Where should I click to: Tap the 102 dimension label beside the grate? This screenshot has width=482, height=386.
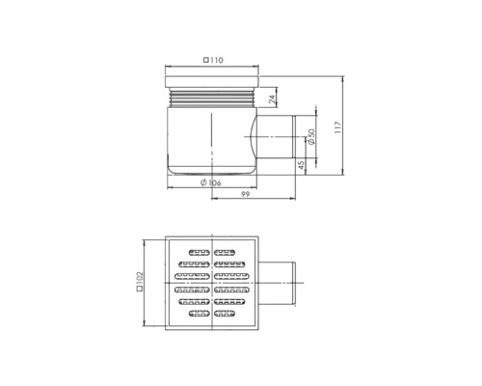[141, 280]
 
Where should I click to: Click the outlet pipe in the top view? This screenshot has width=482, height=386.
[280, 280]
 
